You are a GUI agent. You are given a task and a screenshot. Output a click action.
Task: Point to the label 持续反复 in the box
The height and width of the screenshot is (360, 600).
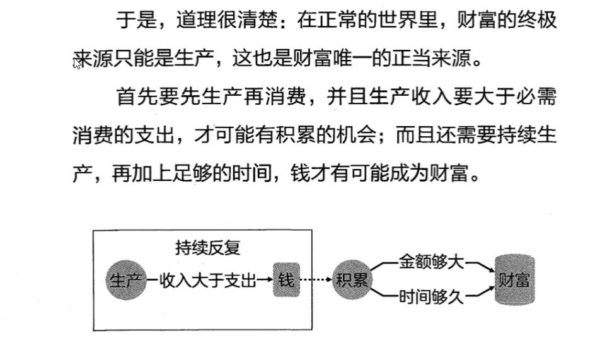[208, 248]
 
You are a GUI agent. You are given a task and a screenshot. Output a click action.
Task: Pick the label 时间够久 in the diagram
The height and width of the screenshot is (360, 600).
[431, 297]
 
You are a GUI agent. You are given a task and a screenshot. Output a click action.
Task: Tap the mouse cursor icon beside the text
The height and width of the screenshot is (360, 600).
[78, 62]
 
